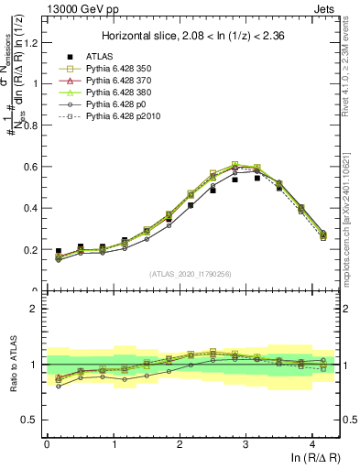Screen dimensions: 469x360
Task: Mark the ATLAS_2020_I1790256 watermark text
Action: (191, 273)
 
